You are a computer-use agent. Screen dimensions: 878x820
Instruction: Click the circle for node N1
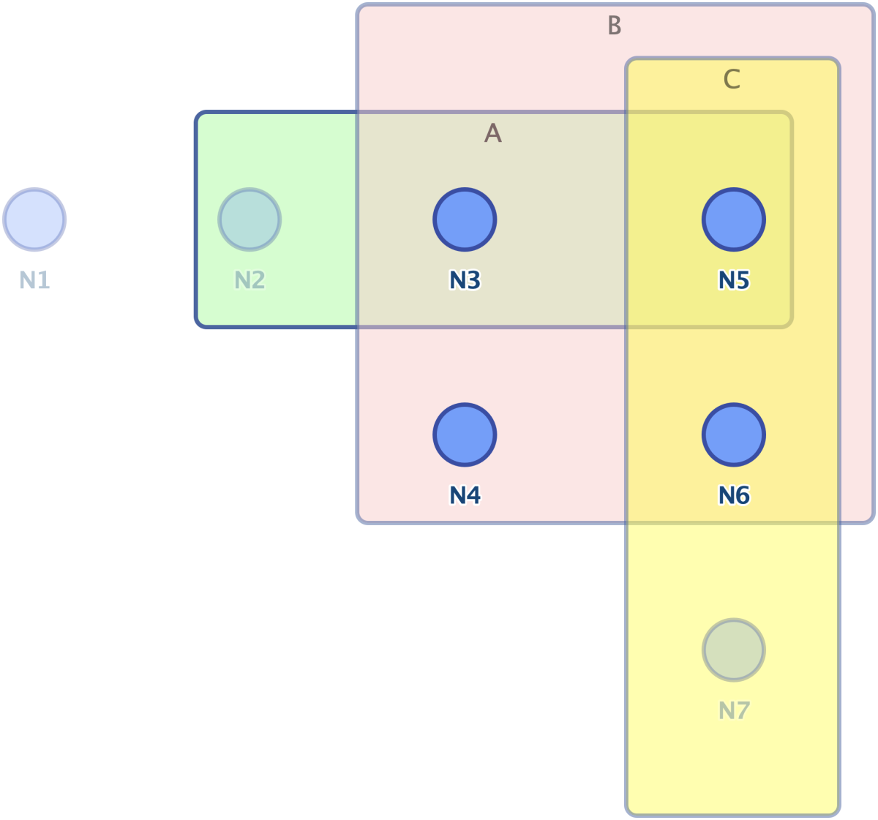34,219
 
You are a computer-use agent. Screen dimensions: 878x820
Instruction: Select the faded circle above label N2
249,219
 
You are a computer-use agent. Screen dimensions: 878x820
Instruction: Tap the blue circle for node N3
465,219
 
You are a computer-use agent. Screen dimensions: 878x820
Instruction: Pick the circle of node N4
465,435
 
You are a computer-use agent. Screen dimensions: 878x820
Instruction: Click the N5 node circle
734,219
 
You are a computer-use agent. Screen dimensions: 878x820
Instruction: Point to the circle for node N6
734,435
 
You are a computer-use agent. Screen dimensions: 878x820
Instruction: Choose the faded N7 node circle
734,650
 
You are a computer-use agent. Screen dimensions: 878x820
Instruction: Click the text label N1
34,280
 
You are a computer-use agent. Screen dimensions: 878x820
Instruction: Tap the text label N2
249,280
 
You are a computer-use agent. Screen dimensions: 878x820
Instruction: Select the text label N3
465,280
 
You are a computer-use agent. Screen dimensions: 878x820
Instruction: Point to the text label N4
465,495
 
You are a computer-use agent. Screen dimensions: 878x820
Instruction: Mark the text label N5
734,280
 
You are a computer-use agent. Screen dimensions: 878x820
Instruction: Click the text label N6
734,495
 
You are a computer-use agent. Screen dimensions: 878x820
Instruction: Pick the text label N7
734,710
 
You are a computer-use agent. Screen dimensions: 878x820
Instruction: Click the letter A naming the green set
493,132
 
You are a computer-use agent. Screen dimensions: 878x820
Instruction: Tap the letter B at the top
615,25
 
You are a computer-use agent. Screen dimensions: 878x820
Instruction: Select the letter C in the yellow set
732,79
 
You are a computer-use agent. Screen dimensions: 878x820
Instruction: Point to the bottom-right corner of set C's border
838,814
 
